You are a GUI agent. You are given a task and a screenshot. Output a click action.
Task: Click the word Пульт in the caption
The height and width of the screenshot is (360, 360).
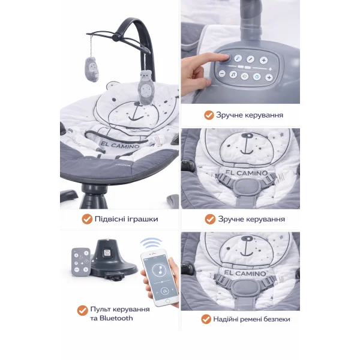coord(101,309)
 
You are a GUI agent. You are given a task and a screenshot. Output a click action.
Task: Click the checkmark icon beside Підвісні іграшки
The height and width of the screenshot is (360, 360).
coord(87,219)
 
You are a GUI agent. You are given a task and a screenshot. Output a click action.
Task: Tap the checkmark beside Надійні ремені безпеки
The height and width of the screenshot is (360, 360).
coord(206,319)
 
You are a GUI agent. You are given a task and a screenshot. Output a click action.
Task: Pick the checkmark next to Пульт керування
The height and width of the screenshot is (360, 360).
coord(82,311)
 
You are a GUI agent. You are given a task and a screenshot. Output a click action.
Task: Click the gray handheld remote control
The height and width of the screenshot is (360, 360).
coord(80,262)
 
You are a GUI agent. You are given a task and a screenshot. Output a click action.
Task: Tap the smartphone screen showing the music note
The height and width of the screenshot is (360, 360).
coord(160,278)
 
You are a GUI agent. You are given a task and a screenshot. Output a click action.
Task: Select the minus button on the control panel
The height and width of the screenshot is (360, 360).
coord(222,74)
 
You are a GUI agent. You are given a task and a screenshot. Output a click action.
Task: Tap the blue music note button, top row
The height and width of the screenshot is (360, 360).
coord(238,58)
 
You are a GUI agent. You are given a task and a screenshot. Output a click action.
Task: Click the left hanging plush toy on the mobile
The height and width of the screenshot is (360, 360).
coord(92,70)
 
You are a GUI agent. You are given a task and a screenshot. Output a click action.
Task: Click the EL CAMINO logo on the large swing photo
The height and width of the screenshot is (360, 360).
coord(120,145)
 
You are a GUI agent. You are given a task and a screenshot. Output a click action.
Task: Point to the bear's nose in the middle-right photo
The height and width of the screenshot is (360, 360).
coord(247,136)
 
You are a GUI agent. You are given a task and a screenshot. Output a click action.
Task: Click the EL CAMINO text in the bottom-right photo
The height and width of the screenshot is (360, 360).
coord(245,273)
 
